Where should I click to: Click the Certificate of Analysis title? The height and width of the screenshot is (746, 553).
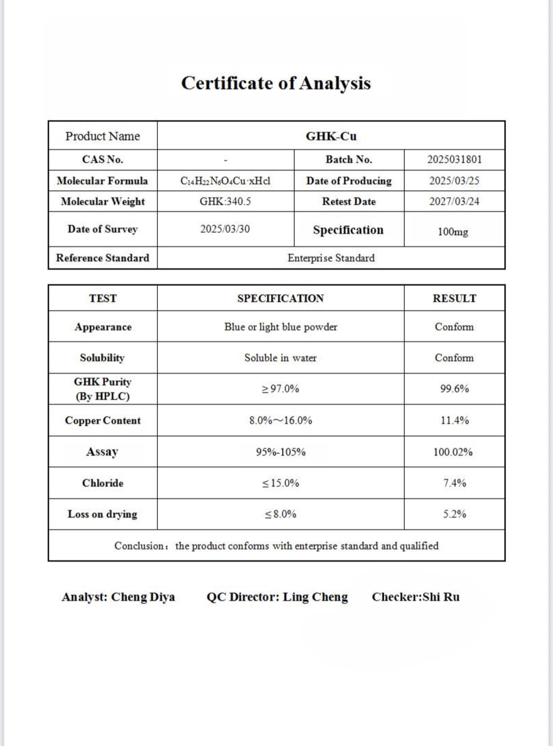276,84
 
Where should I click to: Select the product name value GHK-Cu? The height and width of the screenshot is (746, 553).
331,136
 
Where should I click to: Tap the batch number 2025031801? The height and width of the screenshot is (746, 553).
454,159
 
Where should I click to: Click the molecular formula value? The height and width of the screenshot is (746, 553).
225,181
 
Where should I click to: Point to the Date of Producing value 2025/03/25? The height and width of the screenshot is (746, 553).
454,181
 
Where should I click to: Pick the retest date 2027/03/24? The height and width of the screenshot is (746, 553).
454,202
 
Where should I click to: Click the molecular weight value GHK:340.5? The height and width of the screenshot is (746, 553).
225,202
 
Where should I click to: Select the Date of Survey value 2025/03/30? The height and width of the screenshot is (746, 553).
225,229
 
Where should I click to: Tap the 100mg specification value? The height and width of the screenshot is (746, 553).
453,231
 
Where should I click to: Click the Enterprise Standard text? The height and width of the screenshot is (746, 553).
331,258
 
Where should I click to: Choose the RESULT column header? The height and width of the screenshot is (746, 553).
454,298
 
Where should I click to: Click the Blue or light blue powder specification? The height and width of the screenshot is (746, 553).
281,327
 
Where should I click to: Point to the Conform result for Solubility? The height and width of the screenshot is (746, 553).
454,358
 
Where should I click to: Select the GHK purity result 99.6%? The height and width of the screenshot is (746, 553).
454,389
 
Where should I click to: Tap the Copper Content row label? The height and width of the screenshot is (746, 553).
103,421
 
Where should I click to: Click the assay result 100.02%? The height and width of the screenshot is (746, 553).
453,452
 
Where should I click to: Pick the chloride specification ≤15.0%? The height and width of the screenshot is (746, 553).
281,483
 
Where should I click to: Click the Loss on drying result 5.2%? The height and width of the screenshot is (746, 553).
454,514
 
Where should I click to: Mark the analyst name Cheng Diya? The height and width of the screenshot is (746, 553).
143,597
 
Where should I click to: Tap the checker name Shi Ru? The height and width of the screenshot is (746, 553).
441,597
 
